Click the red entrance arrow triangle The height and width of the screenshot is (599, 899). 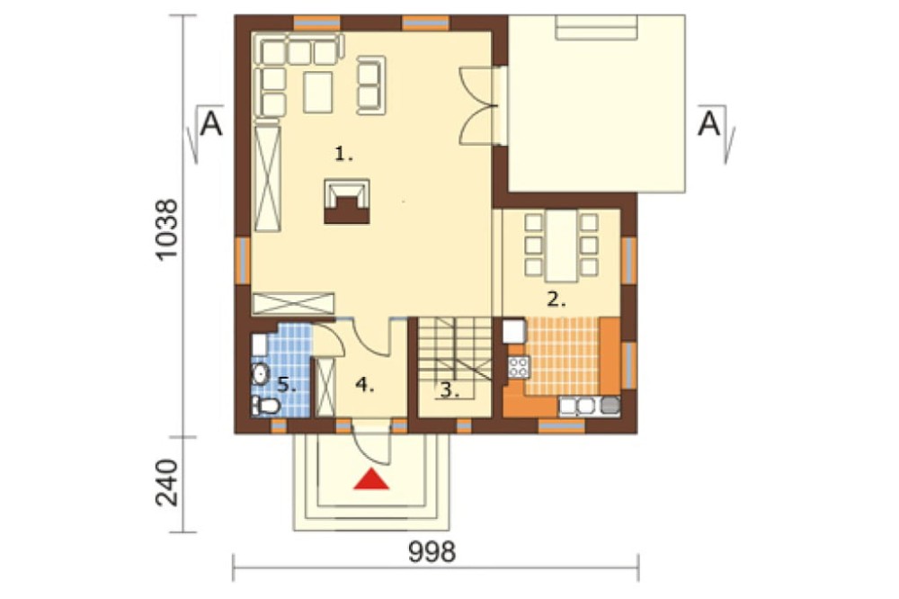(371, 479)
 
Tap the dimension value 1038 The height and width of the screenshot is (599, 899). (167, 230)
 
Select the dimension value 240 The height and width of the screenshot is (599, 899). (167, 482)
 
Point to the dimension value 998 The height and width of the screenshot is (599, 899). (432, 552)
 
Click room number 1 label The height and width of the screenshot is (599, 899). (343, 154)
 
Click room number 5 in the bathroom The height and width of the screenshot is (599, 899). (287, 384)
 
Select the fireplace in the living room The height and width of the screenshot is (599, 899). (347, 201)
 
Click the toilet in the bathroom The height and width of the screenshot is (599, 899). (265, 407)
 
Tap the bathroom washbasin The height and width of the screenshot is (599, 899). (261, 374)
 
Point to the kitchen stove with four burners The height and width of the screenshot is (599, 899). (519, 367)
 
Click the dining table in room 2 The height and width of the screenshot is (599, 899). (563, 246)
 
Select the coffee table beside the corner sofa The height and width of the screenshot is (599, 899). (318, 92)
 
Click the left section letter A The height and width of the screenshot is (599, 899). (211, 124)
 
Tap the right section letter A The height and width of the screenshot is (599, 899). (708, 124)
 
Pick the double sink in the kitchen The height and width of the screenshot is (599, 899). (577, 407)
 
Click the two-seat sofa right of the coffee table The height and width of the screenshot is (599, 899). (371, 85)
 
